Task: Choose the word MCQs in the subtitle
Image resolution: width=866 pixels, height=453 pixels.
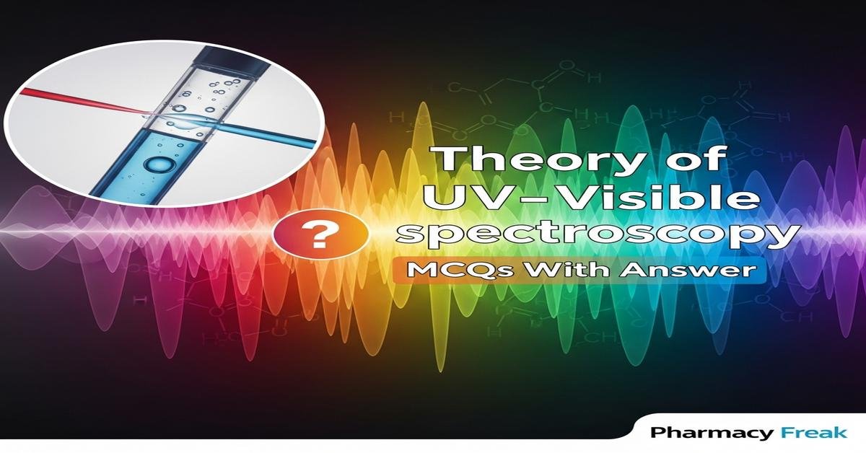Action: pyautogui.click(x=437, y=273)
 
